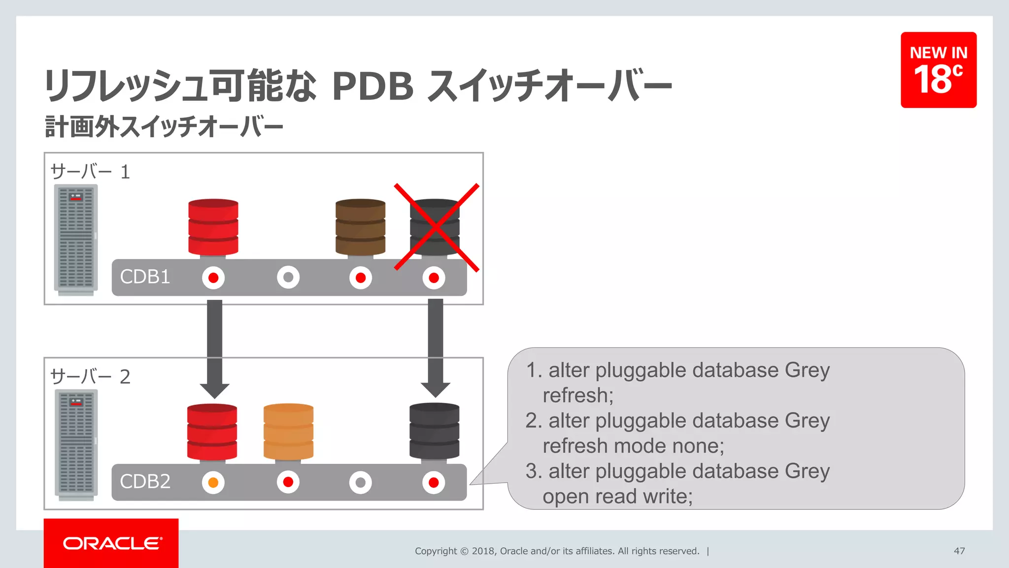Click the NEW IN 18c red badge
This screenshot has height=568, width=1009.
tap(939, 70)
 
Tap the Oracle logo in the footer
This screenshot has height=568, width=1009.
tap(111, 543)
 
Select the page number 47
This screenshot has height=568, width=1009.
tap(959, 551)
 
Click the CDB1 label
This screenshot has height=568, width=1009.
tap(145, 277)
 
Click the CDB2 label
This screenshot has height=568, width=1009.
tap(145, 482)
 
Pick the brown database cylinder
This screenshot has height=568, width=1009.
tap(360, 227)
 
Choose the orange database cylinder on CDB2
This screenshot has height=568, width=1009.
tap(288, 432)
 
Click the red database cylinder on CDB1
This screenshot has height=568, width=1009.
tap(213, 227)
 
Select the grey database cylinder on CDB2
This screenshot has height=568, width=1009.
tap(434, 432)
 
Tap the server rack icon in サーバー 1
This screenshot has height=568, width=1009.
tap(76, 240)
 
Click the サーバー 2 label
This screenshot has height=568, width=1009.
tap(90, 377)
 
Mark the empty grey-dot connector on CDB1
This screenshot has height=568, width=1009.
tap(288, 278)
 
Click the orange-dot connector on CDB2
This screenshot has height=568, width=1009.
tap(213, 482)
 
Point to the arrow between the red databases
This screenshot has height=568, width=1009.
tap(214, 348)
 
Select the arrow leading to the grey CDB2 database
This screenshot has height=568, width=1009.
tap(436, 348)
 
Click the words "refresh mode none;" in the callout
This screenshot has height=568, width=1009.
tap(633, 446)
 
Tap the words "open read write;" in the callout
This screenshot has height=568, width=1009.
tap(617, 496)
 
